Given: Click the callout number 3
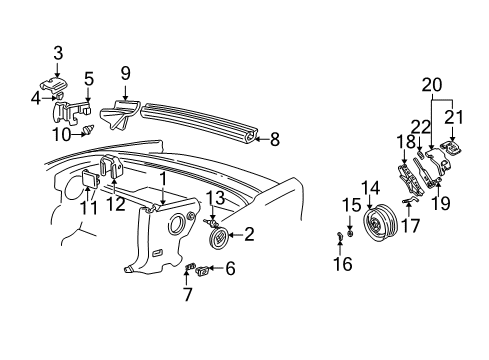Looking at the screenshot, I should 58,52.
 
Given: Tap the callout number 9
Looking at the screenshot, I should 126,73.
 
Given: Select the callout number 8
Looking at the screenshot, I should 275,141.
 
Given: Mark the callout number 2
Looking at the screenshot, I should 249,235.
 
